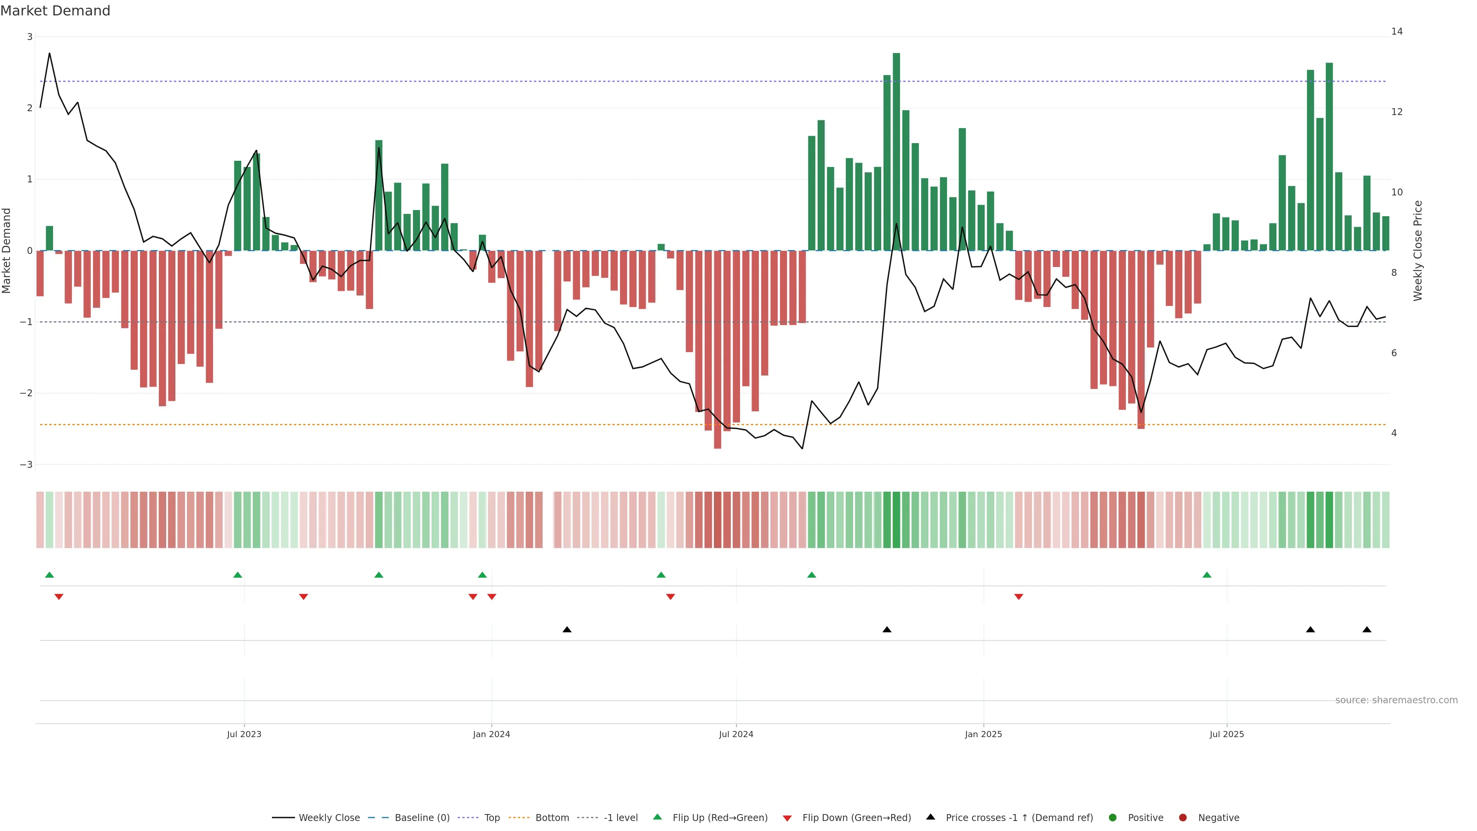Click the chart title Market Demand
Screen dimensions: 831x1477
tap(55, 11)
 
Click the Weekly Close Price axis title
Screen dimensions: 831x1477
tap(1417, 250)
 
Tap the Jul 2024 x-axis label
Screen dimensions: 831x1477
tap(736, 734)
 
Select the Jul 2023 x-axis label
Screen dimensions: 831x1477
tap(244, 734)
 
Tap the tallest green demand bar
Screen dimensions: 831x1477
tap(896, 152)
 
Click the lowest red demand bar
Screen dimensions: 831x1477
tap(717, 349)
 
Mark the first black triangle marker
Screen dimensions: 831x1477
tap(567, 630)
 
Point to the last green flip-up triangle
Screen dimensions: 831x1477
tap(1207, 575)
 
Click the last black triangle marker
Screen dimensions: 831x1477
tap(1367, 630)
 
